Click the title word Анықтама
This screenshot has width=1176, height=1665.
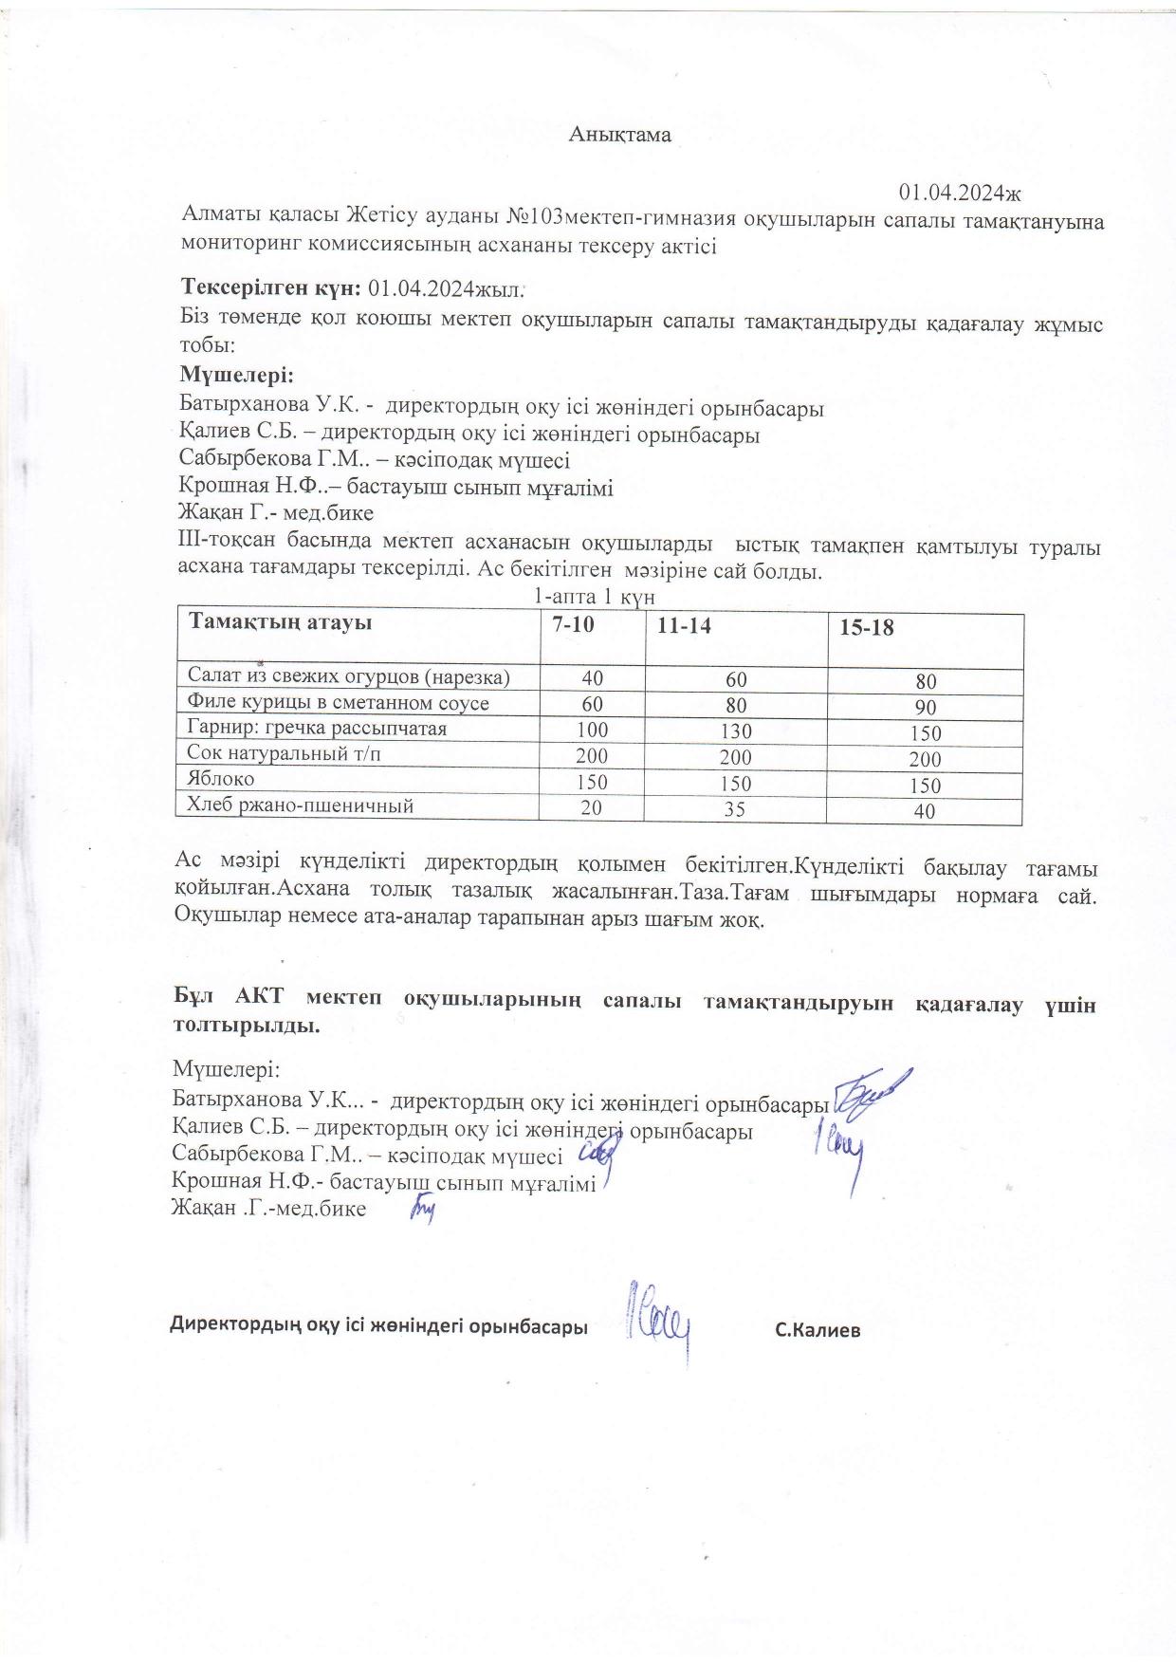(620, 135)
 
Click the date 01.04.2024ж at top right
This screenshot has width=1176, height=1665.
(959, 194)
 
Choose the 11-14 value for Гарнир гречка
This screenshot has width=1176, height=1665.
(735, 731)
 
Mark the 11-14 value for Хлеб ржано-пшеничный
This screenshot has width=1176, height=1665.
(735, 810)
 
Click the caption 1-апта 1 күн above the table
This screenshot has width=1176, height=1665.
(595, 597)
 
